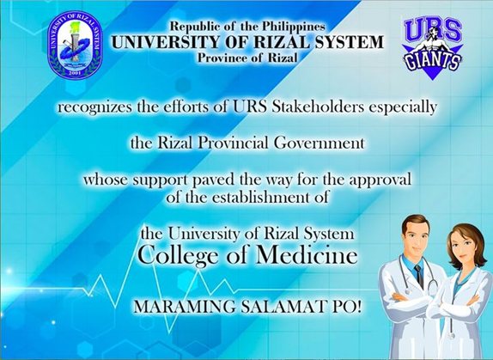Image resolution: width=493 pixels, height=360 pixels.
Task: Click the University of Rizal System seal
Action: (75, 45)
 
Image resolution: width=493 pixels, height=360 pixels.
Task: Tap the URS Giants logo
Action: (433, 48)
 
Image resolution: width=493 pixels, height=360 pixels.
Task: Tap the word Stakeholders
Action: (318, 107)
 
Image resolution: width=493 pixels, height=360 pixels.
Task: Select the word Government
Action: (320, 143)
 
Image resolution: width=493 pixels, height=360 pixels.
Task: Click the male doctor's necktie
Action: (419, 276)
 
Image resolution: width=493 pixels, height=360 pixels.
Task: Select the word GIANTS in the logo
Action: (433, 61)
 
